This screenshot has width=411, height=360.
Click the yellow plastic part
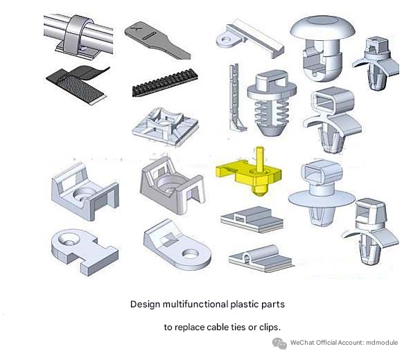pyautogui.click(x=249, y=174)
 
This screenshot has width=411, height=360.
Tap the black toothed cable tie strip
pyautogui.click(x=165, y=83)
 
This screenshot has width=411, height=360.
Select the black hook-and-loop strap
pyautogui.click(x=78, y=84)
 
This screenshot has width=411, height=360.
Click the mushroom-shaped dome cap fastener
pyautogui.click(x=322, y=47)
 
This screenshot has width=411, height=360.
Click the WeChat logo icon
pyautogui.click(x=279, y=343)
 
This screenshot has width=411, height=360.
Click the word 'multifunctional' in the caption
pyautogui.click(x=195, y=304)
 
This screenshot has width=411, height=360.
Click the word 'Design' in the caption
pyautogui.click(x=145, y=305)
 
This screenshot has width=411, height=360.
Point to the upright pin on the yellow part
pyautogui.click(x=259, y=159)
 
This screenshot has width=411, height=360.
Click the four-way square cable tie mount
pyautogui.click(x=165, y=127)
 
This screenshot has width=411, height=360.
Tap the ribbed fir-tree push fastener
pyautogui.click(x=272, y=102)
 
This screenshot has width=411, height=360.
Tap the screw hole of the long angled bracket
pyautogui.click(x=225, y=40)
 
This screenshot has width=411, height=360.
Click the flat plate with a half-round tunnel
pyautogui.click(x=261, y=259)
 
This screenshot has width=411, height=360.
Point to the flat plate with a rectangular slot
pyautogui.click(x=252, y=219)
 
